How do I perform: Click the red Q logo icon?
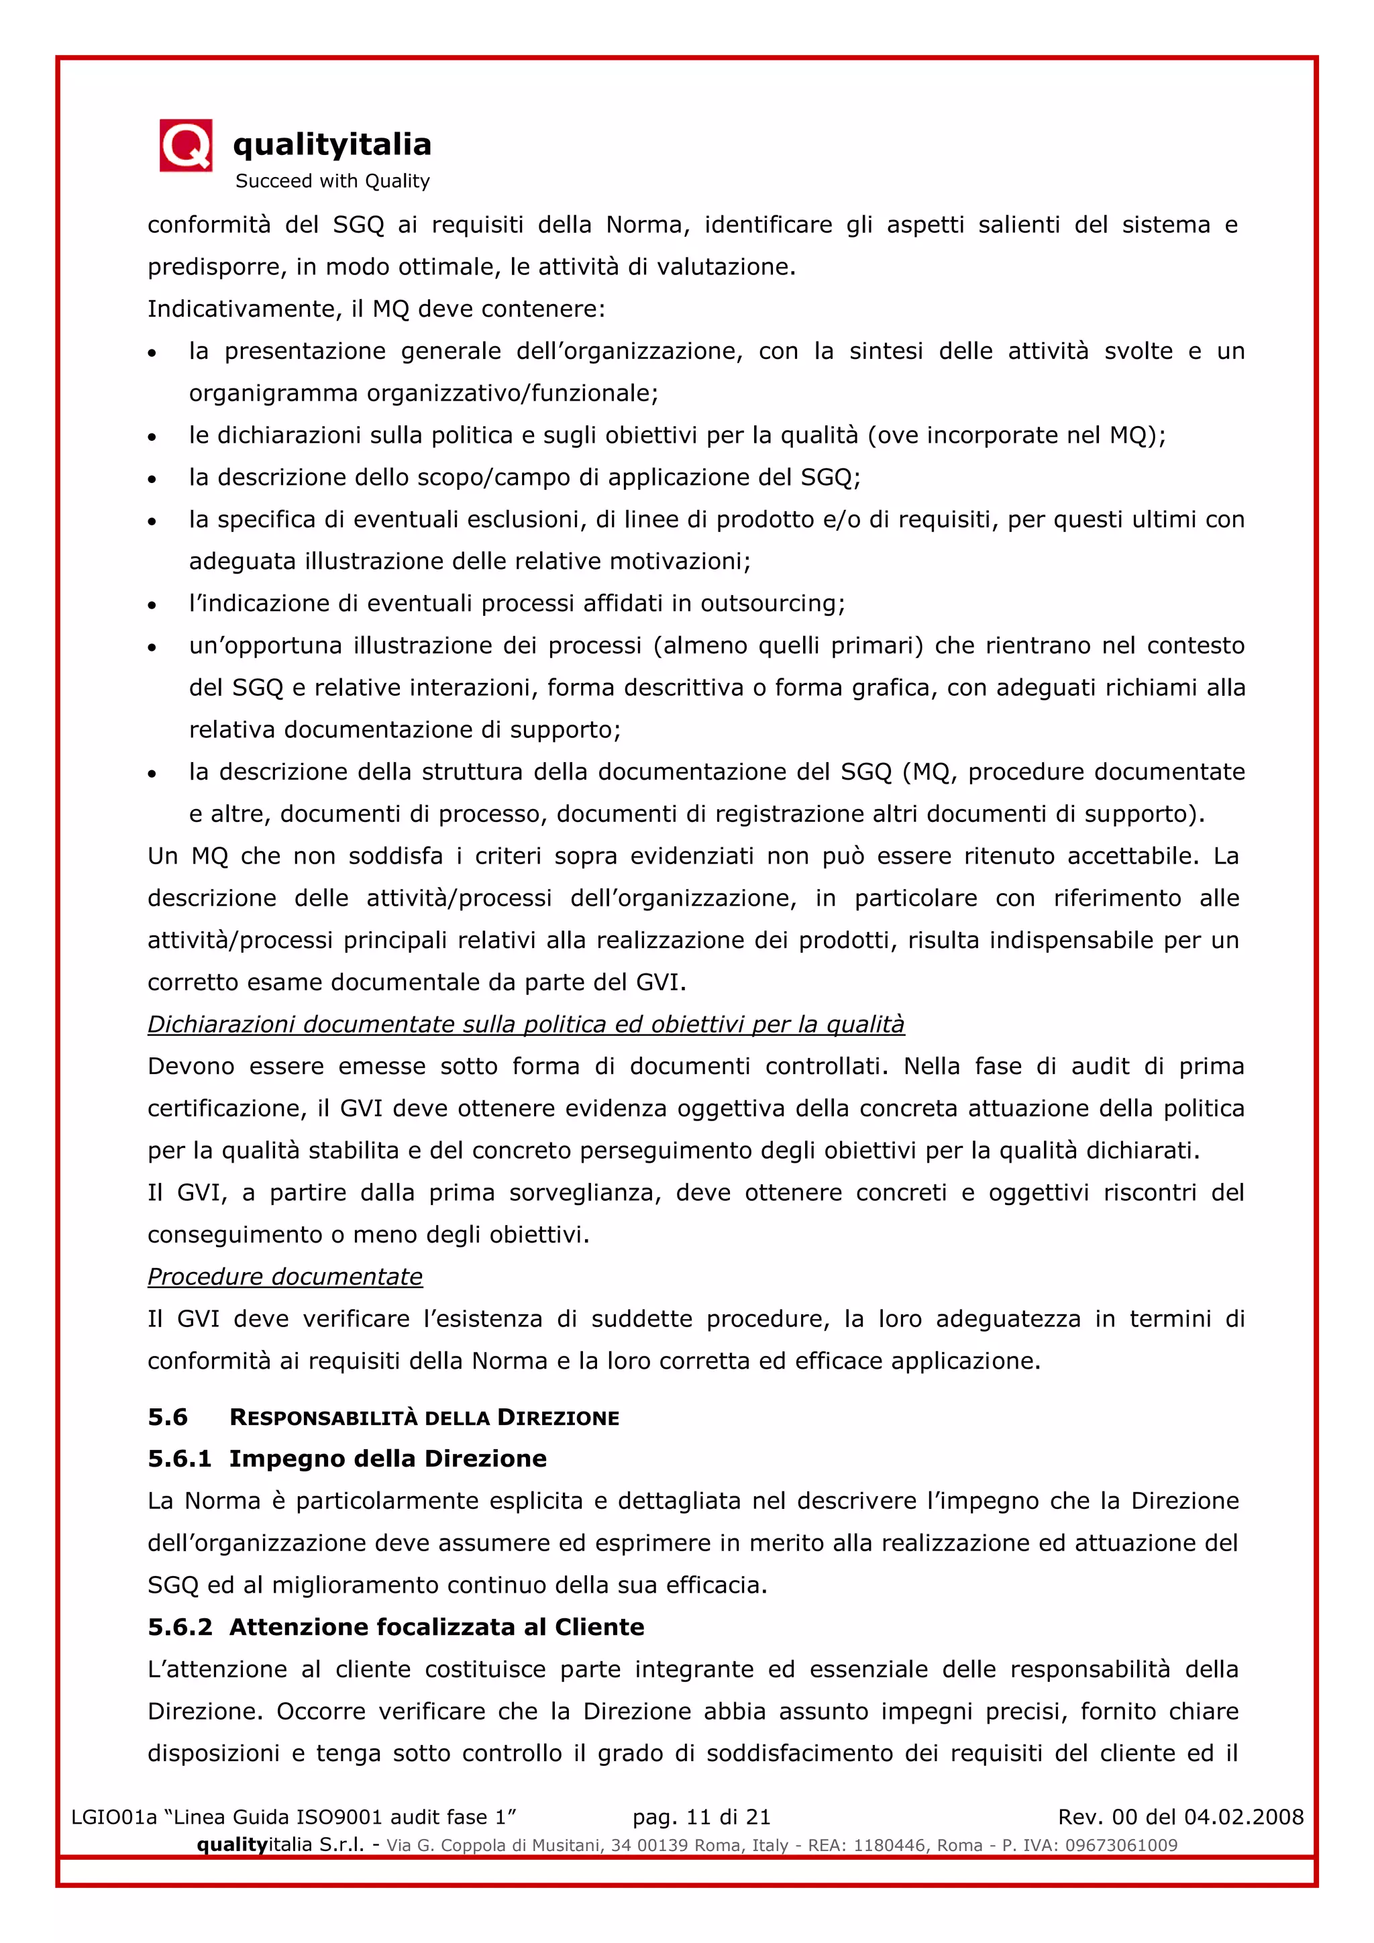point(185,146)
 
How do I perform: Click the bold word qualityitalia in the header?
point(331,145)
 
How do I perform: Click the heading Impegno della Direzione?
point(388,1459)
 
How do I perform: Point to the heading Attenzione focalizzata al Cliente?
point(437,1628)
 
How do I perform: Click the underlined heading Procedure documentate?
point(285,1277)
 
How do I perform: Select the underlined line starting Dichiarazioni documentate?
point(525,1025)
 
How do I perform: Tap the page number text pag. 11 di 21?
point(701,1817)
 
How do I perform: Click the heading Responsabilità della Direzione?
point(424,1418)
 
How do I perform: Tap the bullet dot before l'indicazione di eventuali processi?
point(152,605)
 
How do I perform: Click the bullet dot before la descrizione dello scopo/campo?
point(152,479)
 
